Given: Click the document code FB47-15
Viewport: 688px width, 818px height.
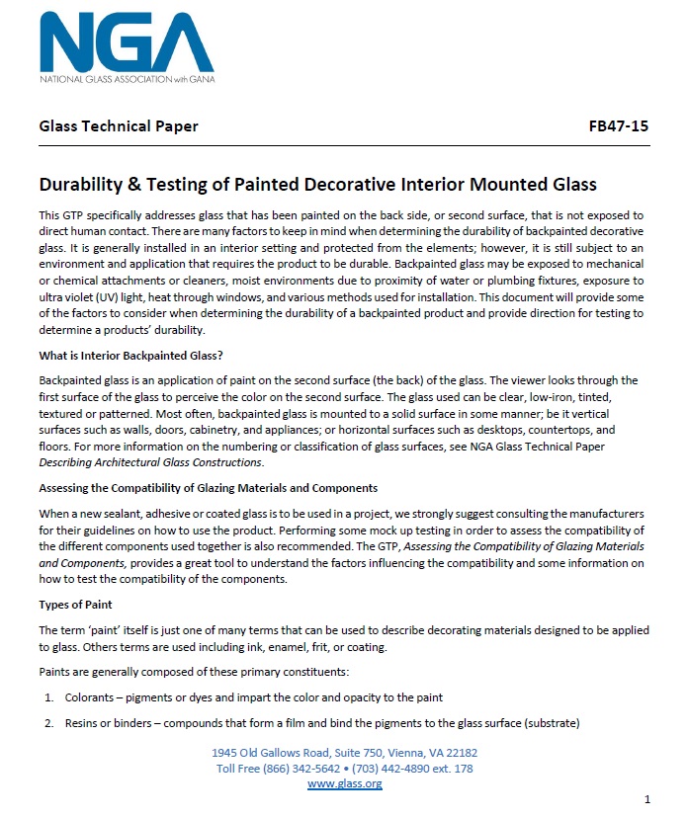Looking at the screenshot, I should (x=618, y=126).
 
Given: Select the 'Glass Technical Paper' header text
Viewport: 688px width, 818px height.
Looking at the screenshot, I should (x=118, y=126).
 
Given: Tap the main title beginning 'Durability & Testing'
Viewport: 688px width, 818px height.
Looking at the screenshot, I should (x=316, y=185).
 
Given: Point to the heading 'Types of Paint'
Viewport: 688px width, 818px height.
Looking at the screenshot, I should (x=75, y=604).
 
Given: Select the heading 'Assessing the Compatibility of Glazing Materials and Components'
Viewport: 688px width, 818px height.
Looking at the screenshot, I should (x=208, y=488).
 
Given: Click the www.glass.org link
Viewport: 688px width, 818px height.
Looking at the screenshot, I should (x=344, y=783).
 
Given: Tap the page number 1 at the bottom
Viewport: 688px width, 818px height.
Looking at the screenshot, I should (x=645, y=798).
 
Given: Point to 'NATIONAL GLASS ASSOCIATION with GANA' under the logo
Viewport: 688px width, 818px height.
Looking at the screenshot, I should (x=126, y=77).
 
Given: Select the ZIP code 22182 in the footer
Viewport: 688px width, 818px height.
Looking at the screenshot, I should (x=459, y=753).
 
